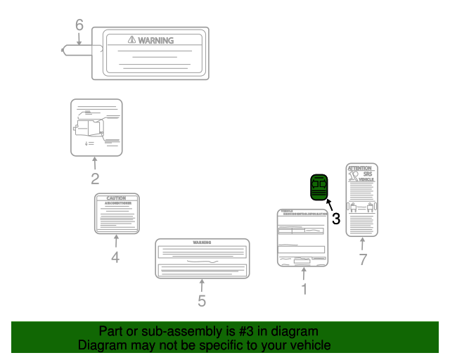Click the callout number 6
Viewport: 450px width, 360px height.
click(x=79, y=25)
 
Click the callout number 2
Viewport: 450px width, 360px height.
click(x=94, y=179)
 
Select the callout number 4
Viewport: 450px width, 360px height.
click(x=115, y=257)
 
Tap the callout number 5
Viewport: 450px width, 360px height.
click(x=202, y=302)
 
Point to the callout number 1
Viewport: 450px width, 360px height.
click(x=304, y=289)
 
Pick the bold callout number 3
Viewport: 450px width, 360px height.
click(x=336, y=219)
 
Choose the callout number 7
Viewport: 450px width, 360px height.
click(x=363, y=259)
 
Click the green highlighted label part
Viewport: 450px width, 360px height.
click(x=319, y=187)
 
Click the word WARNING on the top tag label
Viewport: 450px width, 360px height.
click(x=155, y=41)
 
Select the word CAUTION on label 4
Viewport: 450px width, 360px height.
click(x=116, y=199)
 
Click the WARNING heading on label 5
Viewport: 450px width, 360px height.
click(x=202, y=243)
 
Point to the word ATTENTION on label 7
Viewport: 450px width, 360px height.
click(x=362, y=169)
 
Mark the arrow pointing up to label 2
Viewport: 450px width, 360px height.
click(x=94, y=163)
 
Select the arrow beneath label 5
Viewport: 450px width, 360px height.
click(x=202, y=286)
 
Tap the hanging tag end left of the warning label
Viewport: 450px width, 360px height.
click(x=75, y=50)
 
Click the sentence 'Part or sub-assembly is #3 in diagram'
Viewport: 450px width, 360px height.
click(x=208, y=331)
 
